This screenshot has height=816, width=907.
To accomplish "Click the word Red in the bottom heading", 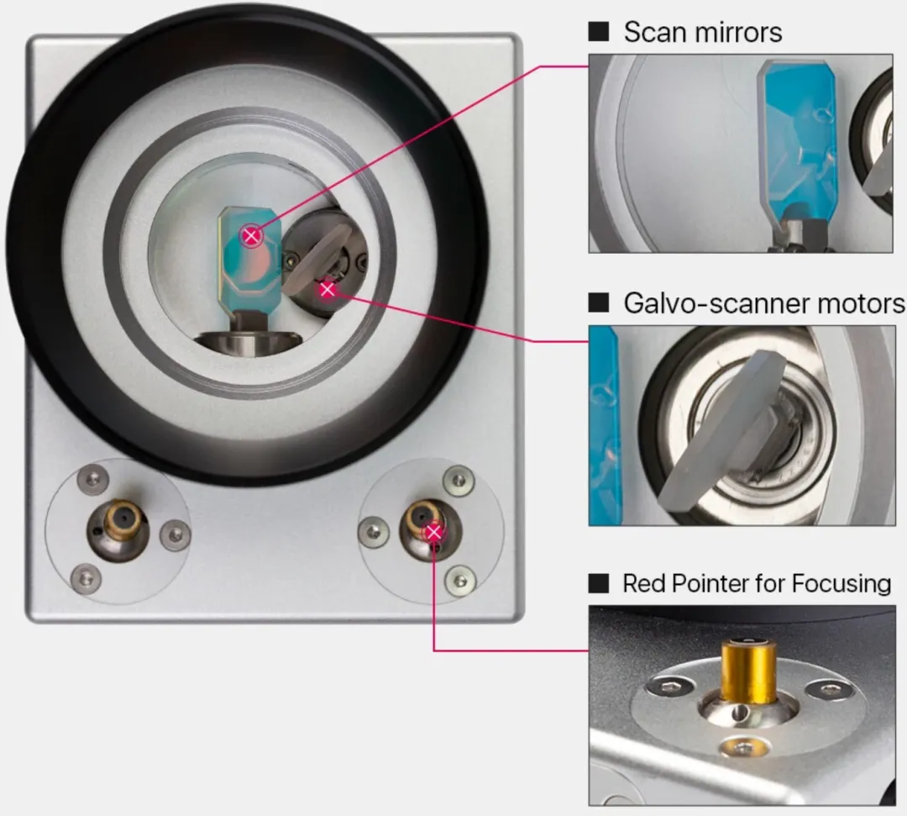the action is pos(642,583).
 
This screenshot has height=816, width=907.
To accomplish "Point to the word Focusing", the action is pos(841,584).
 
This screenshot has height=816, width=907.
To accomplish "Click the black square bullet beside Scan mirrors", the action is pos(599,32).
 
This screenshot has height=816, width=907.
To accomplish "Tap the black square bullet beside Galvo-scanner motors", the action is pos(599,302).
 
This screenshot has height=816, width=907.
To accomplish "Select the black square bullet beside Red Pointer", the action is pos(599,583).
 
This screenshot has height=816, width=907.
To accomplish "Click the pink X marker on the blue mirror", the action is pos(250,236).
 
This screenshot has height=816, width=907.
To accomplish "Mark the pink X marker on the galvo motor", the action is pos(328,289).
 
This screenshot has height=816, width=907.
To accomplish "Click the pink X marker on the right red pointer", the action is pos(434,532).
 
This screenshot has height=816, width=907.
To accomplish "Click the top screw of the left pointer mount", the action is pos(92,479).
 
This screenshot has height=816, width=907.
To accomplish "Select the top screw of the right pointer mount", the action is pos(459,481).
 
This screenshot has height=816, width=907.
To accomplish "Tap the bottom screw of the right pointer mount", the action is pos(460,580).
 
